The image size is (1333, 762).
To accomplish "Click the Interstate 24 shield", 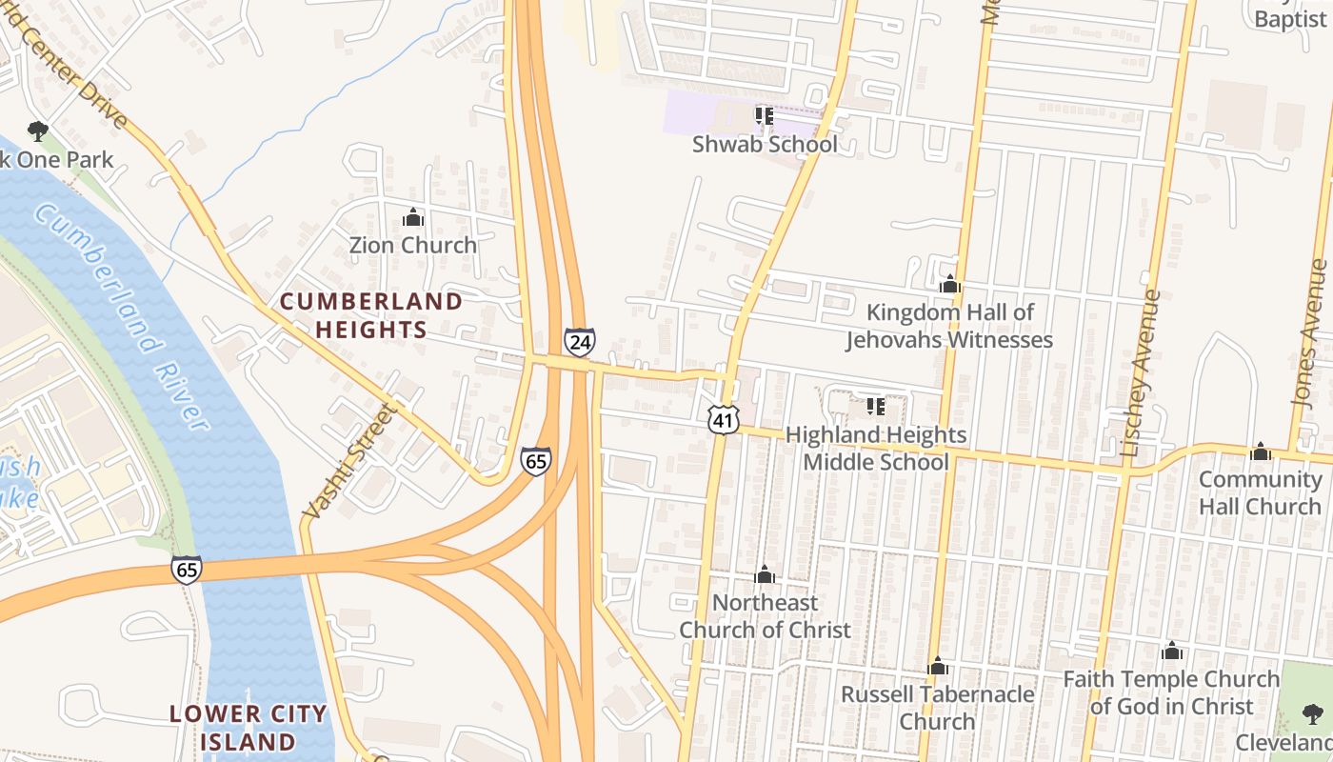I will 579,342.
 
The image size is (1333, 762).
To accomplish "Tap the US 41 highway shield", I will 723,419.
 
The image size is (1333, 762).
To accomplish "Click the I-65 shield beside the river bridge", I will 187,569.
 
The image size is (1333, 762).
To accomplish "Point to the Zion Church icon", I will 412,218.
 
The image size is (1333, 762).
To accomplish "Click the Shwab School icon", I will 764,116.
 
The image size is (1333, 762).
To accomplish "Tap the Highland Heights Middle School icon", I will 876,408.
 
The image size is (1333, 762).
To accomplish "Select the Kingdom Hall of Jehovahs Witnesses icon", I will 949,285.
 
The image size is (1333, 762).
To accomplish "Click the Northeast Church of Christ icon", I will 764,575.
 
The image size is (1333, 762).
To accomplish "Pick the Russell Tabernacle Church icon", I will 938,667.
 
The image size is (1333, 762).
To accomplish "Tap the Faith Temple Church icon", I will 1172,652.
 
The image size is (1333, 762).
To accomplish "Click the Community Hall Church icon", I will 1261,451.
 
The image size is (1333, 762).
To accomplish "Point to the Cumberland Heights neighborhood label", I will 370,316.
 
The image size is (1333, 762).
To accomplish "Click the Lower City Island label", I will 248,727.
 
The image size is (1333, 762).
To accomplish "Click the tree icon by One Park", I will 38,130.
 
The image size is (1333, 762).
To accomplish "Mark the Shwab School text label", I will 765,145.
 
